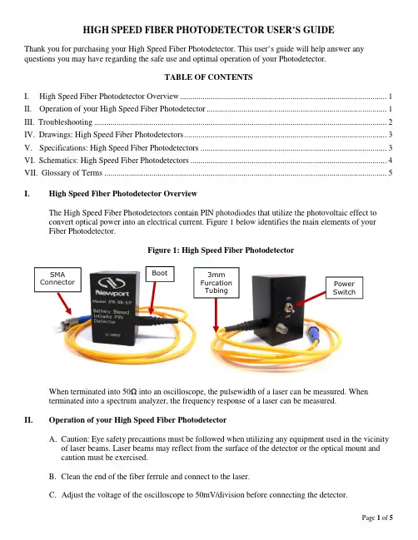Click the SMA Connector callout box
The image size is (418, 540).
click(57, 280)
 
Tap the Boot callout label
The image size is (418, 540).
click(160, 274)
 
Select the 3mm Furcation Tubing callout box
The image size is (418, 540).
click(216, 282)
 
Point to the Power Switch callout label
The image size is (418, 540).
click(344, 288)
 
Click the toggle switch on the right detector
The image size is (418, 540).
click(286, 308)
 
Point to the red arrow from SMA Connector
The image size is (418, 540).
click(64, 304)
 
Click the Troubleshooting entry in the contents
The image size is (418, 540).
click(65, 122)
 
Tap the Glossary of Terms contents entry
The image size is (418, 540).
click(72, 172)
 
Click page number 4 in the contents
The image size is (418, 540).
click(390, 160)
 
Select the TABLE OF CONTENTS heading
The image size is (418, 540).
click(208, 77)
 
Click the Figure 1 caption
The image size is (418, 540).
click(221, 250)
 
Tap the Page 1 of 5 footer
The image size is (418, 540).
click(377, 518)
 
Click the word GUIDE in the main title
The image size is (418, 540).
click(319, 30)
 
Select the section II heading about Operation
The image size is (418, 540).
click(137, 420)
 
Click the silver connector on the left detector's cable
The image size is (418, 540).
click(66, 324)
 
